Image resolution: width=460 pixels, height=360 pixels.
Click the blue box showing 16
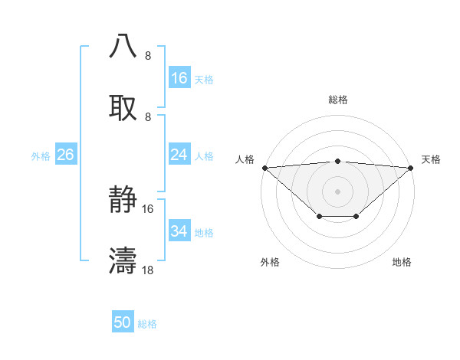point(179,78)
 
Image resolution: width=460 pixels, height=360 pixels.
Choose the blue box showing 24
point(179,155)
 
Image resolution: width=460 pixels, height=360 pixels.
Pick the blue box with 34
point(179,231)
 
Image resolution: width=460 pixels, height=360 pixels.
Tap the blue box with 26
point(65,155)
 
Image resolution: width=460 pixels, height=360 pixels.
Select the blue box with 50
point(123,323)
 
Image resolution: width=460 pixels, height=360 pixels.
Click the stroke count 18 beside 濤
point(148,270)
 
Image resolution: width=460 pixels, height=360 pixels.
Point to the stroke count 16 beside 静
point(148,208)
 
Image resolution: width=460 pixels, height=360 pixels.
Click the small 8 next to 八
point(148,56)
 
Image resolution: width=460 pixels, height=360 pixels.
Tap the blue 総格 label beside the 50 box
point(147,324)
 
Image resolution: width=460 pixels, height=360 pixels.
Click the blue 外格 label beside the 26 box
point(41,155)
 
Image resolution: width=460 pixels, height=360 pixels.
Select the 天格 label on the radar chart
point(431,159)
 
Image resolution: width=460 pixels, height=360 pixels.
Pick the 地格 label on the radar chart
point(402,262)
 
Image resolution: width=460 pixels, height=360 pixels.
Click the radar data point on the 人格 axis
point(264,167)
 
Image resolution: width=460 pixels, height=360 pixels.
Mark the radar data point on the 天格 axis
point(412,167)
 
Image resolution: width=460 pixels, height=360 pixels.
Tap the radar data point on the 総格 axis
point(338,161)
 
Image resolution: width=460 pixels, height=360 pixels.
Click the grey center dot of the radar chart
point(338,191)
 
